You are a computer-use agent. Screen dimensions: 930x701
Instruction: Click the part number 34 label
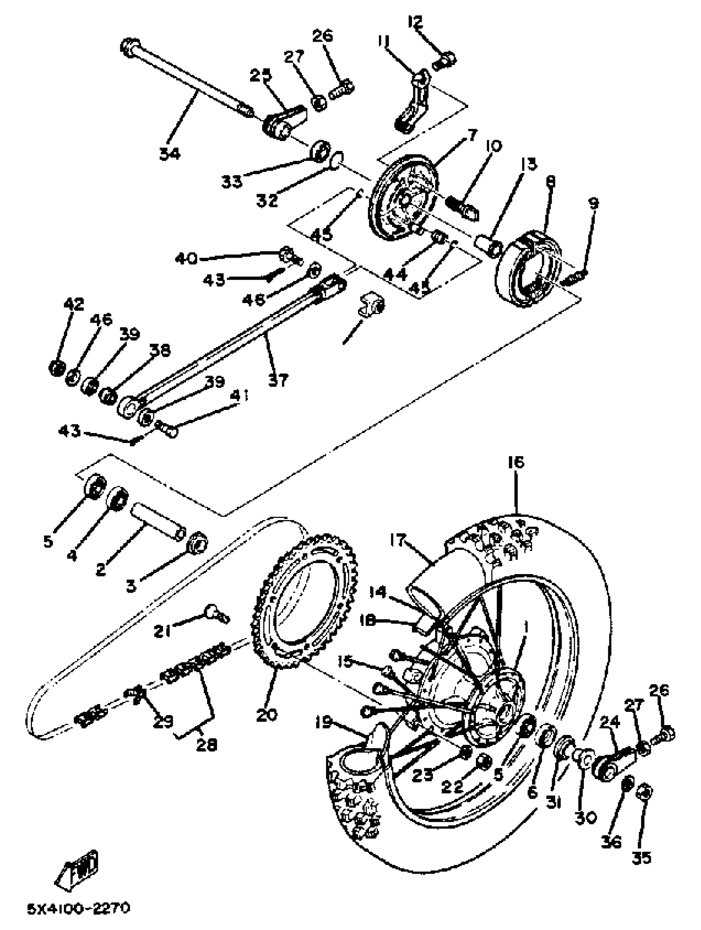point(169,154)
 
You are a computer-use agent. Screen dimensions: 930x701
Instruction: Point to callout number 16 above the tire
point(516,463)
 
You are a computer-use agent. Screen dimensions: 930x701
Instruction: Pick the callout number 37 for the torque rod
point(278,380)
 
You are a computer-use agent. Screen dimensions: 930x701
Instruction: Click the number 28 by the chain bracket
point(207,745)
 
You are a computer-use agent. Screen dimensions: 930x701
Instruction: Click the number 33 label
point(232,181)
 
